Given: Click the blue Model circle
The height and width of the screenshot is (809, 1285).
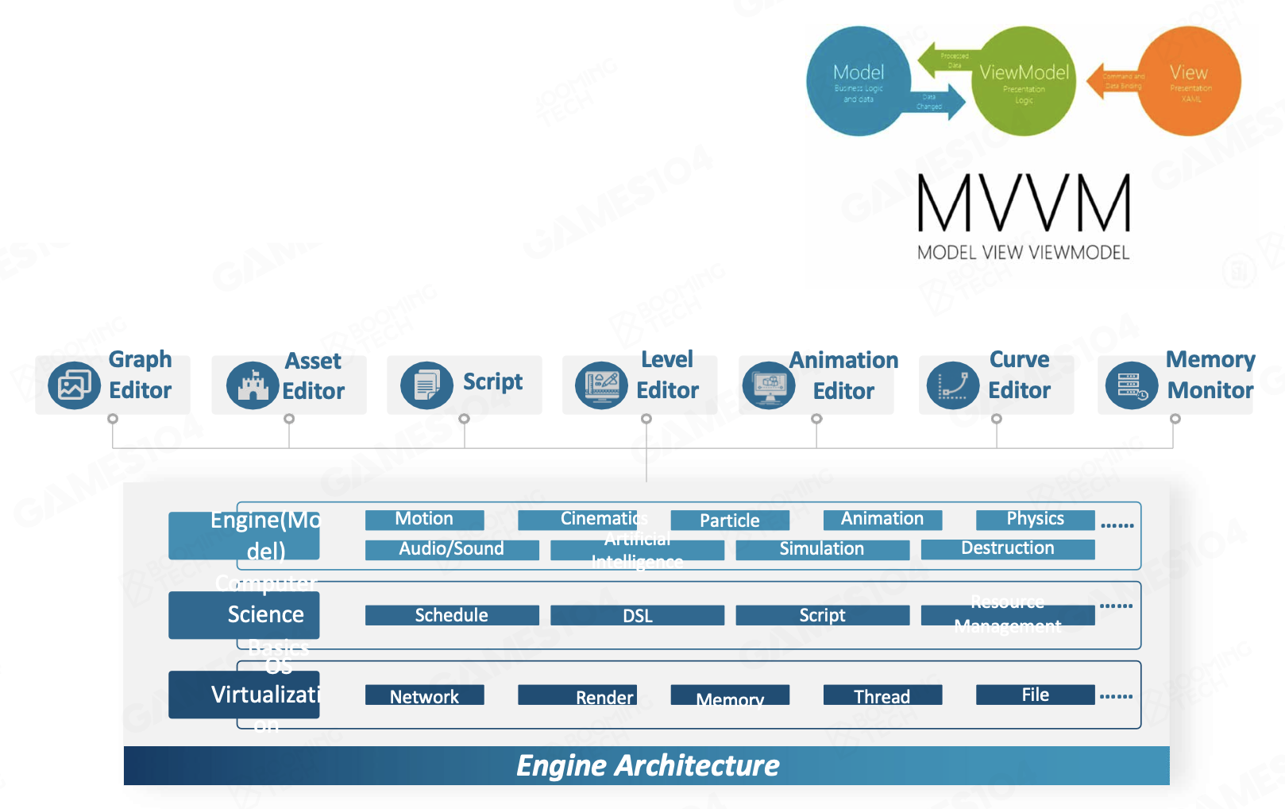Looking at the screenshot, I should click(x=859, y=81).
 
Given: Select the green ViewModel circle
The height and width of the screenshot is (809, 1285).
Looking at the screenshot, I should click(x=1024, y=81).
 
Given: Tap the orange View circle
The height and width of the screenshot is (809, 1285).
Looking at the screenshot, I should click(x=1189, y=81).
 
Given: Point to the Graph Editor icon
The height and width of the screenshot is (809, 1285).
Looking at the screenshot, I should click(x=74, y=385).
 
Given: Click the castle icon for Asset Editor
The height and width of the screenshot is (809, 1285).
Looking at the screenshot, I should click(x=253, y=385).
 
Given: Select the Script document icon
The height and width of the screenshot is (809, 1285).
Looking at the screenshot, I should click(x=426, y=385).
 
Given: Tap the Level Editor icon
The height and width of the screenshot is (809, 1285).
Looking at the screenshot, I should click(x=601, y=385).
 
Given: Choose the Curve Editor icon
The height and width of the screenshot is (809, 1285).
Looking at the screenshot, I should click(x=952, y=385).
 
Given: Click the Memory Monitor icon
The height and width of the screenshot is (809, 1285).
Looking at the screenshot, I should click(x=1131, y=385).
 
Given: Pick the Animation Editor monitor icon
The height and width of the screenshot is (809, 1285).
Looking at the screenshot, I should click(x=769, y=385).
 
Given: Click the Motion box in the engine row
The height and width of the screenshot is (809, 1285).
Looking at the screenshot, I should click(x=424, y=520).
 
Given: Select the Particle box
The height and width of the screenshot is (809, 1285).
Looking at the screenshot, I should click(x=730, y=521).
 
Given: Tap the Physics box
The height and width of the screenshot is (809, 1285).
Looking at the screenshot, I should click(x=1035, y=520).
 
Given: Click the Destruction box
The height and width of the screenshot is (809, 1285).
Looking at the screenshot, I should click(x=1007, y=548).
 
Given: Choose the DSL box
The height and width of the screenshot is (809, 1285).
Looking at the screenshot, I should click(x=637, y=616).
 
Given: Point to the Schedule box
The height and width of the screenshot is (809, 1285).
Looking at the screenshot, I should click(x=451, y=616).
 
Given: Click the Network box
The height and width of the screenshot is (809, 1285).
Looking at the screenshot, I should click(x=424, y=696).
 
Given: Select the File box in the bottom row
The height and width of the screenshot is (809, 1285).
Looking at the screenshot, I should click(x=1035, y=695).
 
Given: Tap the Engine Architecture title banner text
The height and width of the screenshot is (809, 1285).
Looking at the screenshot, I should click(x=647, y=765).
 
